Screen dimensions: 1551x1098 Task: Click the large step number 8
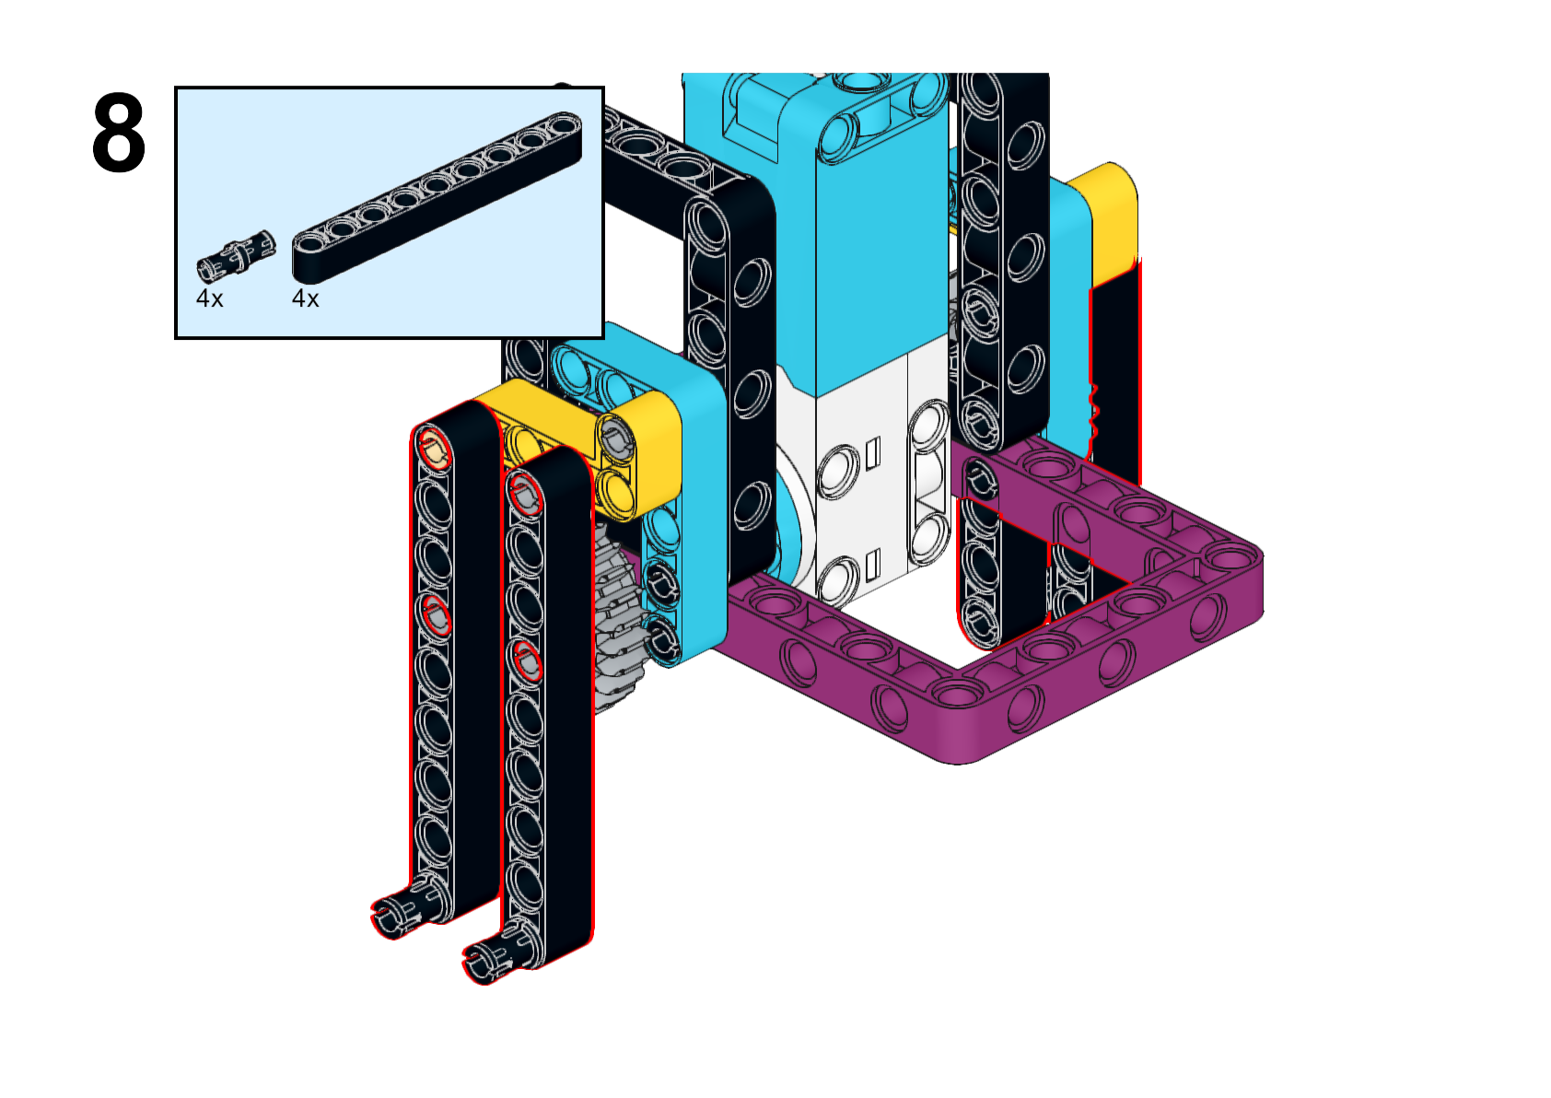click(119, 133)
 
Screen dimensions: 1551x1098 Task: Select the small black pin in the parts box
click(236, 256)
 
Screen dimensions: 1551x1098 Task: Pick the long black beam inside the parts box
click(437, 197)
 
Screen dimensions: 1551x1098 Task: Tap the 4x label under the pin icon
click(209, 298)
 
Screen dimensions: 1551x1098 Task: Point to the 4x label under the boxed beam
click(306, 298)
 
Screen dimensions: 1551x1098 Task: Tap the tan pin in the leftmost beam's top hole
click(434, 450)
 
